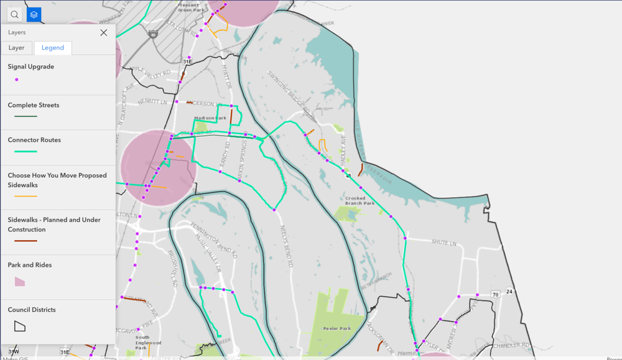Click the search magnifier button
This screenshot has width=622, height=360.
click(x=14, y=14)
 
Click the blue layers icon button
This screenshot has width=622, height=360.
click(x=34, y=14)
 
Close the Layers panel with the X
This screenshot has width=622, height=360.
click(x=103, y=32)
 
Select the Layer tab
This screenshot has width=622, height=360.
click(x=17, y=48)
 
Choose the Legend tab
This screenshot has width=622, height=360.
click(x=53, y=48)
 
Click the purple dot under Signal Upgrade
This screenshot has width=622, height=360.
click(x=16, y=80)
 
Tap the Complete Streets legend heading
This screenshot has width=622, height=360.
click(x=34, y=105)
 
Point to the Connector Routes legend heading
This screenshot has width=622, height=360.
click(x=34, y=140)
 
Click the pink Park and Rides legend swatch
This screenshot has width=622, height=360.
click(x=20, y=282)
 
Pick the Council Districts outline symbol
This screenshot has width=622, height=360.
click(x=20, y=326)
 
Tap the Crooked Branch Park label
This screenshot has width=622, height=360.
click(x=360, y=201)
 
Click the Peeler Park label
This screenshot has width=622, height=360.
click(x=337, y=328)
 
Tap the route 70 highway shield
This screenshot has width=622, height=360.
click(x=495, y=293)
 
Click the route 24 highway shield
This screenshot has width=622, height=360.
click(x=509, y=291)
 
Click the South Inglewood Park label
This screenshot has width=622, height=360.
click(x=148, y=341)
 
